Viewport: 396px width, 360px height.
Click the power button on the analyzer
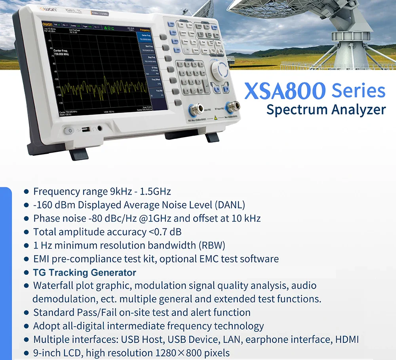pos(69,130)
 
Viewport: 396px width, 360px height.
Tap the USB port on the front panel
pos(85,129)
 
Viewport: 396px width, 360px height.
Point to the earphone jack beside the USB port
pos(99,128)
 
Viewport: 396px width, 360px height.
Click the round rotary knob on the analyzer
pos(219,70)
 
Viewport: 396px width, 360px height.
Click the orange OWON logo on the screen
pos(50,25)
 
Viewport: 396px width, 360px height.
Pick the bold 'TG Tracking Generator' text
pos(85,273)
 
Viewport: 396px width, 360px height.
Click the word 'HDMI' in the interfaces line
pos(347,339)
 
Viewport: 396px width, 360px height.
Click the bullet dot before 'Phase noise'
pos(27,218)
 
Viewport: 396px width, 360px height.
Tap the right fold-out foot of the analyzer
pos(212,138)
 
